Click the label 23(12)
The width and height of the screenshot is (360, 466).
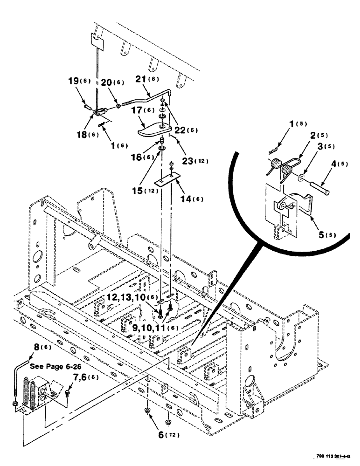click(x=194, y=161)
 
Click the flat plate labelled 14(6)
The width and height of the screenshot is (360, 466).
click(x=168, y=180)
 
